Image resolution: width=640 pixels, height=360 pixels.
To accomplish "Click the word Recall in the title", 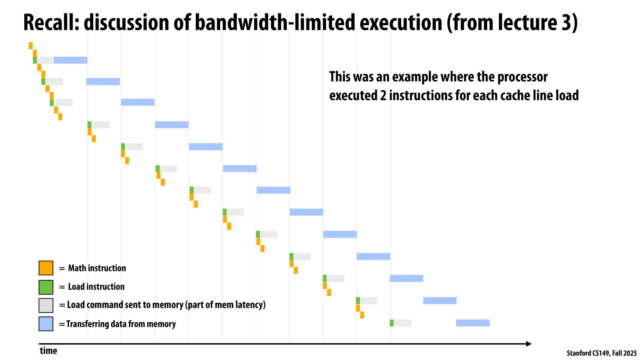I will (51, 23).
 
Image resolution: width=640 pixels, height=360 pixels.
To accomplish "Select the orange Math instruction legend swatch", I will (46, 268).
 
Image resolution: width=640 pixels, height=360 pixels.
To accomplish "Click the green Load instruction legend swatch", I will (46, 287).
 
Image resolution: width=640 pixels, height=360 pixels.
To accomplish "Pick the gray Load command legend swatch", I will (46, 305).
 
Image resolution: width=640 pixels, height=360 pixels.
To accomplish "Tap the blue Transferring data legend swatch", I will (46, 324).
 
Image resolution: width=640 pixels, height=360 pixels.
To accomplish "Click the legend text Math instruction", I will (97, 268).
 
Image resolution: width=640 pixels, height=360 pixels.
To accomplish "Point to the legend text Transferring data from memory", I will (121, 324).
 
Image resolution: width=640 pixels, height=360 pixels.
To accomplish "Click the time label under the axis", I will (48, 351).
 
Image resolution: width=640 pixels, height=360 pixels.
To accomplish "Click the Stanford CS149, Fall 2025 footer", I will (601, 353).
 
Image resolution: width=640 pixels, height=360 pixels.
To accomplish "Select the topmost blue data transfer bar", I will (71, 60).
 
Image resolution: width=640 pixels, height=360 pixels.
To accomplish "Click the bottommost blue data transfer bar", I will (473, 323).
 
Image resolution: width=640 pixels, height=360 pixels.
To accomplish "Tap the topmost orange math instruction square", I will (31, 46).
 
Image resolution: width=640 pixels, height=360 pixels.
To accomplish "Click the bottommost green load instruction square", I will (392, 323).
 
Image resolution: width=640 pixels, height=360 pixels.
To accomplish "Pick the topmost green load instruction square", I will (35, 60).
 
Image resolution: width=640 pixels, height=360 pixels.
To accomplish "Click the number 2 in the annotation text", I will (383, 96).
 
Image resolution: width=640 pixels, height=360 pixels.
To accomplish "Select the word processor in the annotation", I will (522, 77).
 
